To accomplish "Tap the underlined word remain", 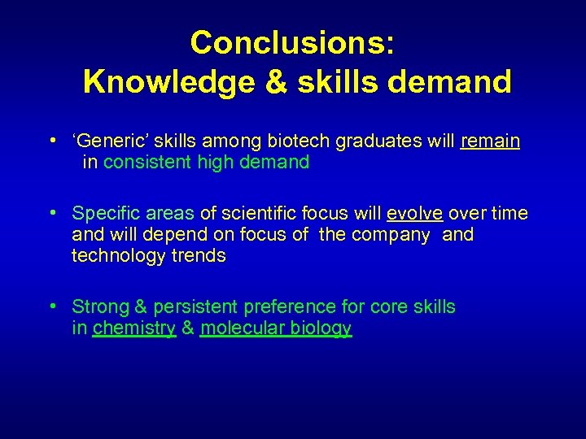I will pyautogui.click(x=490, y=141).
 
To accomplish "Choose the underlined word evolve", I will pyautogui.click(x=414, y=214).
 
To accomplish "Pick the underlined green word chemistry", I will pyautogui.click(x=134, y=328).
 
